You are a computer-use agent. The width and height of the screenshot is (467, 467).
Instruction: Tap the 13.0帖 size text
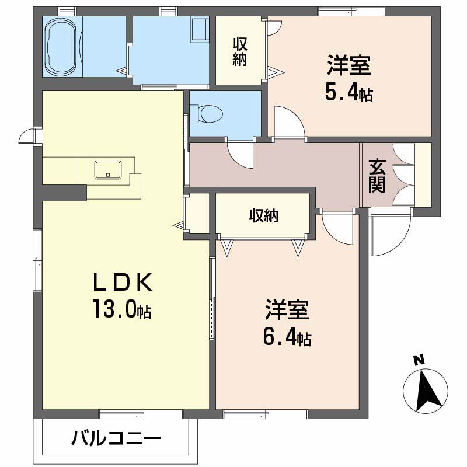point(121,309)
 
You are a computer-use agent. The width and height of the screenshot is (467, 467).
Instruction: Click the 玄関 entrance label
point(377,176)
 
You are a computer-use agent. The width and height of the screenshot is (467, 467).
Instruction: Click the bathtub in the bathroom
point(63,46)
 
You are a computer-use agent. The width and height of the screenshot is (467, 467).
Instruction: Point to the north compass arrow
point(426,390)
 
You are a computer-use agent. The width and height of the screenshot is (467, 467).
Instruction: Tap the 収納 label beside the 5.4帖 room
point(240,51)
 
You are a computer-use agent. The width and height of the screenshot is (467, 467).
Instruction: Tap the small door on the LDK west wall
point(27,136)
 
